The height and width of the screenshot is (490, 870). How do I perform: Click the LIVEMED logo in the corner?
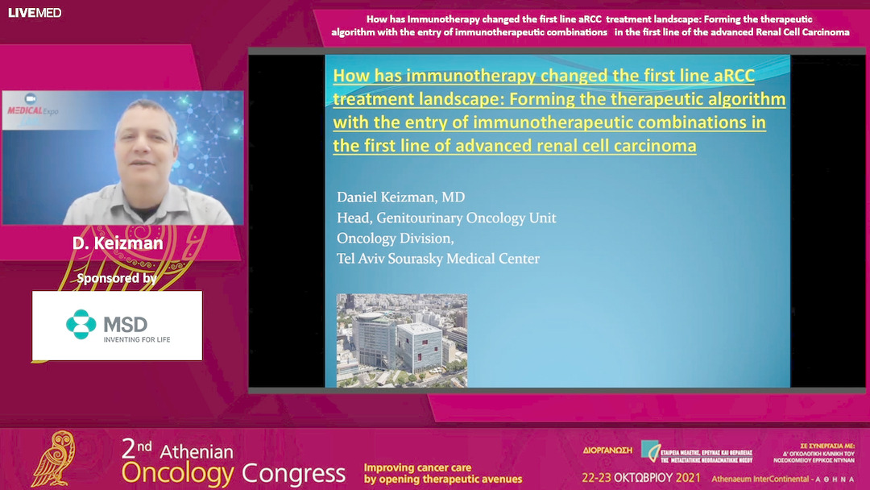[x=35, y=12]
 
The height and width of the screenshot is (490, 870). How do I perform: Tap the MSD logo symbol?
[x=81, y=324]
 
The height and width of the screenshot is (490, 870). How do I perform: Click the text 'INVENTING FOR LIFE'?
[x=136, y=339]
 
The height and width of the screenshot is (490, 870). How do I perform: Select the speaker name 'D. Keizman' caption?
[x=118, y=243]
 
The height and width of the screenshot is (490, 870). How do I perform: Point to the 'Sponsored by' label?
[x=116, y=279]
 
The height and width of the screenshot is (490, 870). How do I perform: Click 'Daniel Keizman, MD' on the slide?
[x=400, y=197]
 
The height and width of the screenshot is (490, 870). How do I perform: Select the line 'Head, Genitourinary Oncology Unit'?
[x=445, y=218]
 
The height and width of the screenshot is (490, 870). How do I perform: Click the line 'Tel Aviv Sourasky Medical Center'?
[x=437, y=259]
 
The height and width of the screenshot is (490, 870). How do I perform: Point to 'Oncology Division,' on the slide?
[x=395, y=239]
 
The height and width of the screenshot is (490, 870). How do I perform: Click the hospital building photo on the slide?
[x=401, y=338]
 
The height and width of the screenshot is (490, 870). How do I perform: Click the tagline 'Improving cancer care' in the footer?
[x=417, y=467]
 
